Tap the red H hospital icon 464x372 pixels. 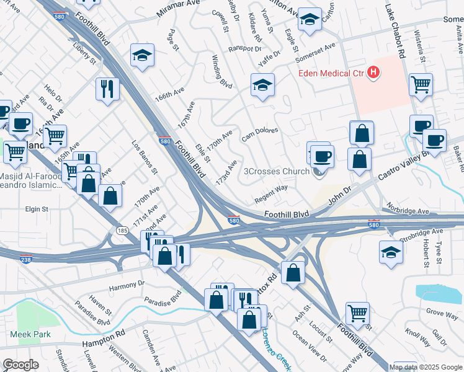pyautogui.click(x=373, y=73)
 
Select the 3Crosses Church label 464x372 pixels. pyautogui.click(x=276, y=172)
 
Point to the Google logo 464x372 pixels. pyautogui.click(x=20, y=365)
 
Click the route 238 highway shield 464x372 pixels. pyautogui.click(x=26, y=259)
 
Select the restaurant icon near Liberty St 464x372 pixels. pyautogui.click(x=108, y=89)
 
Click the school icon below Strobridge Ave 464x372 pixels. pyautogui.click(x=391, y=252)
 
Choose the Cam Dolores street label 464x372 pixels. pyautogui.click(x=259, y=134)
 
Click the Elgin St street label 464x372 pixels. pyautogui.click(x=37, y=210)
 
